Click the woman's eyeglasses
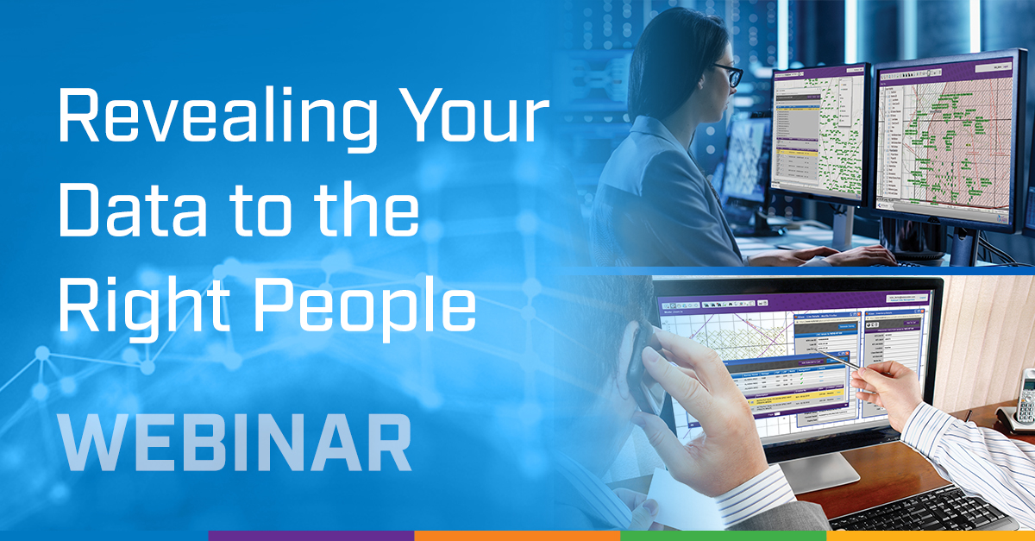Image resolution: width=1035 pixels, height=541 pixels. point(725,76)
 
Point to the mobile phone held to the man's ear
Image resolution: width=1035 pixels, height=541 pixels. point(643,362)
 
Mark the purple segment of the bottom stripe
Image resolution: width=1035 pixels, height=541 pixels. point(310,536)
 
